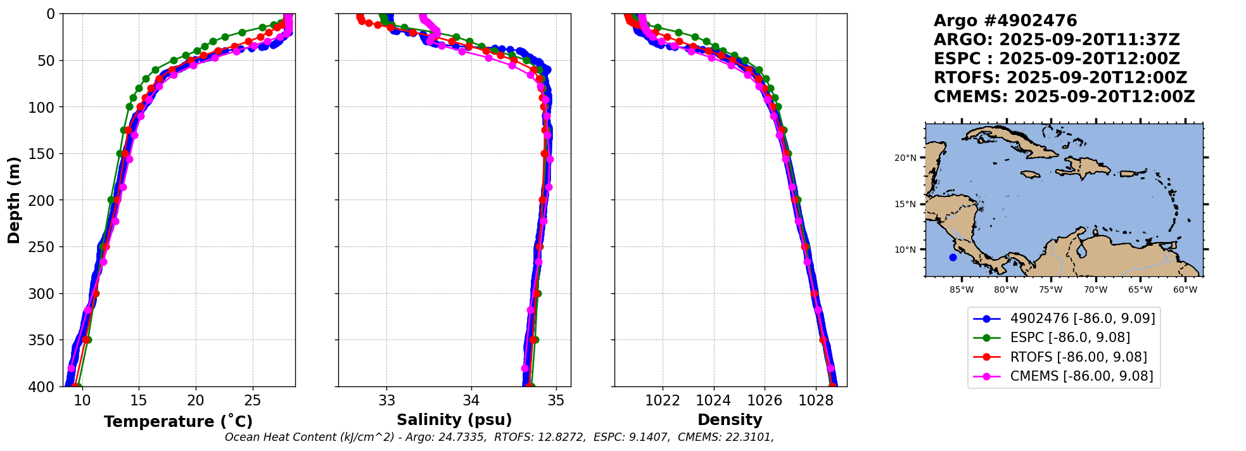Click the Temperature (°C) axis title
pos(178,421)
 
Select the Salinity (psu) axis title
pos(454,420)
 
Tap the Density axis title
pos(730,420)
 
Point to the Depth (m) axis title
pos(14,200)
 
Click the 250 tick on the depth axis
pos(44,247)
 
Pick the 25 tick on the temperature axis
pos(252,400)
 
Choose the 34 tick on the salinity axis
pos(471,400)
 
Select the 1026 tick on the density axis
pos(764,400)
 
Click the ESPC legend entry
pos(1069,338)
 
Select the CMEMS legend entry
pos(1081,376)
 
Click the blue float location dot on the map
pos(953,257)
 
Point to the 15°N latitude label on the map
pos(905,204)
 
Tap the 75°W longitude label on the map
pos(1051,290)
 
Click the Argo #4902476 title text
pos(1005,21)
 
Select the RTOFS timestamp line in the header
pos(1060,78)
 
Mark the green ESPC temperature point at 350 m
pos(88,340)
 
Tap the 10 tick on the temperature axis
pos(82,400)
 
